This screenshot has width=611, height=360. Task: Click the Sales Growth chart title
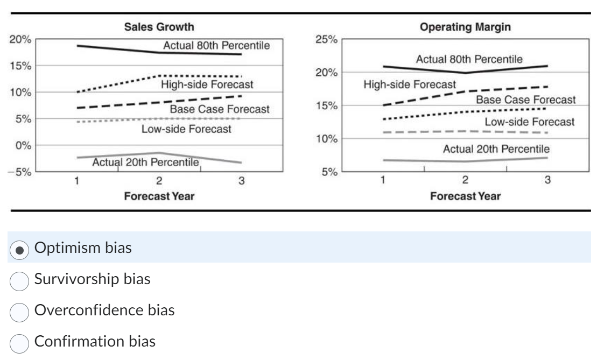pos(159,27)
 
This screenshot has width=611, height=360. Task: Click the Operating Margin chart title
pos(465,27)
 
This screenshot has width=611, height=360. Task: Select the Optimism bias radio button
pos(20,249)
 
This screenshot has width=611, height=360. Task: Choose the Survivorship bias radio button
pos(20,279)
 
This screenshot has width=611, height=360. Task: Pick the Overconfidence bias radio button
pos(20,310)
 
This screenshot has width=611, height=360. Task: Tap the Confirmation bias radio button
pos(20,342)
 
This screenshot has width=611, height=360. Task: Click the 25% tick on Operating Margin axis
pos(326,40)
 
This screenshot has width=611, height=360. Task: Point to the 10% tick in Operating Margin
pos(326,139)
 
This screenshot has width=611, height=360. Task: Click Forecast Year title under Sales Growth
pos(159,196)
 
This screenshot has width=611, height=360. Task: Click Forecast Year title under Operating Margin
pos(465,196)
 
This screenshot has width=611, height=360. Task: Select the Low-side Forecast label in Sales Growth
pos(186,129)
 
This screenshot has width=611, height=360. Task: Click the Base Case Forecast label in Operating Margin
pos(525,100)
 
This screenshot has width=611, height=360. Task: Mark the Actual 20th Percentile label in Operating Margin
pos(496,149)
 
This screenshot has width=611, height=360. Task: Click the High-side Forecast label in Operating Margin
pos(409,84)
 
